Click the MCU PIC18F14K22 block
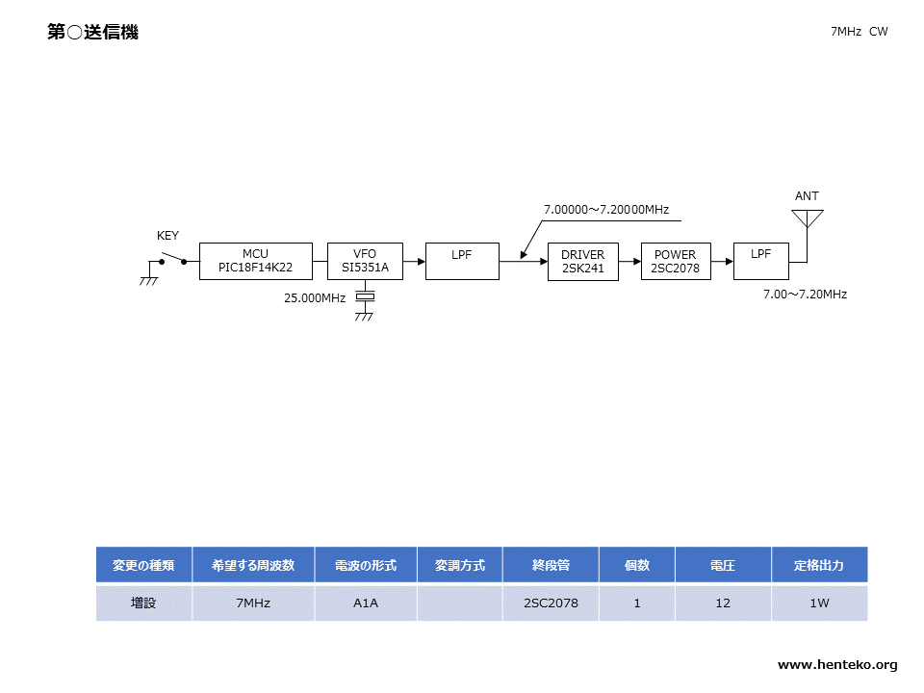256,261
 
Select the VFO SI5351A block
366,261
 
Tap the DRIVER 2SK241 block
583,262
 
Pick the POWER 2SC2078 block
676,262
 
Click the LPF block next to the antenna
760,261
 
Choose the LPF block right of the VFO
462,261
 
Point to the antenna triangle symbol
808,218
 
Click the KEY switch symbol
172,259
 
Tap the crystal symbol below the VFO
366,296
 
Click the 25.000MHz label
315,298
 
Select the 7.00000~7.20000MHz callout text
606,210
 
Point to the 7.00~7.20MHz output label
805,295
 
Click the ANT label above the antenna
807,195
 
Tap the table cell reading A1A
366,603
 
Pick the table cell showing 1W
819,603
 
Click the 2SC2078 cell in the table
551,603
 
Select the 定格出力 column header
819,565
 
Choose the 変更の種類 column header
143,565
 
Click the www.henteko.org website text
837,665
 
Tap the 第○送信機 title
93,32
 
